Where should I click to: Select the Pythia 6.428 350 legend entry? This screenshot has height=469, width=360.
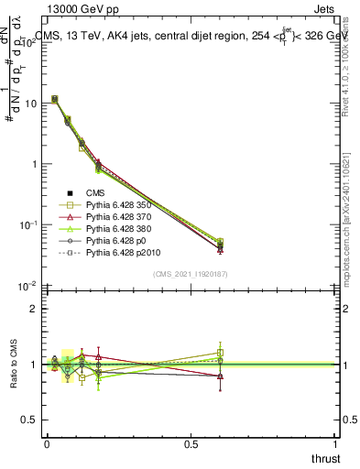122,207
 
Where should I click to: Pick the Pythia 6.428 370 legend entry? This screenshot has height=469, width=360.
122,222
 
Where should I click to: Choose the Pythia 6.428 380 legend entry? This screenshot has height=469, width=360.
122,236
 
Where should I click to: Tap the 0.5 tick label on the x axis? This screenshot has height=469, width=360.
191,443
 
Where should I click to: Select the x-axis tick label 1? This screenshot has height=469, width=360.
335,443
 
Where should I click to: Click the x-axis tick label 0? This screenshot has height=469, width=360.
47,443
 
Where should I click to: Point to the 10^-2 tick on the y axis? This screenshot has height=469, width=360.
27,286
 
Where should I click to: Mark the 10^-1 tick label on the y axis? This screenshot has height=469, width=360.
27,224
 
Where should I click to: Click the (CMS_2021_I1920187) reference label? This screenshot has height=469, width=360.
191,274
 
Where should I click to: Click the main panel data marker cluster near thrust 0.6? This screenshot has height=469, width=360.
220,245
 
